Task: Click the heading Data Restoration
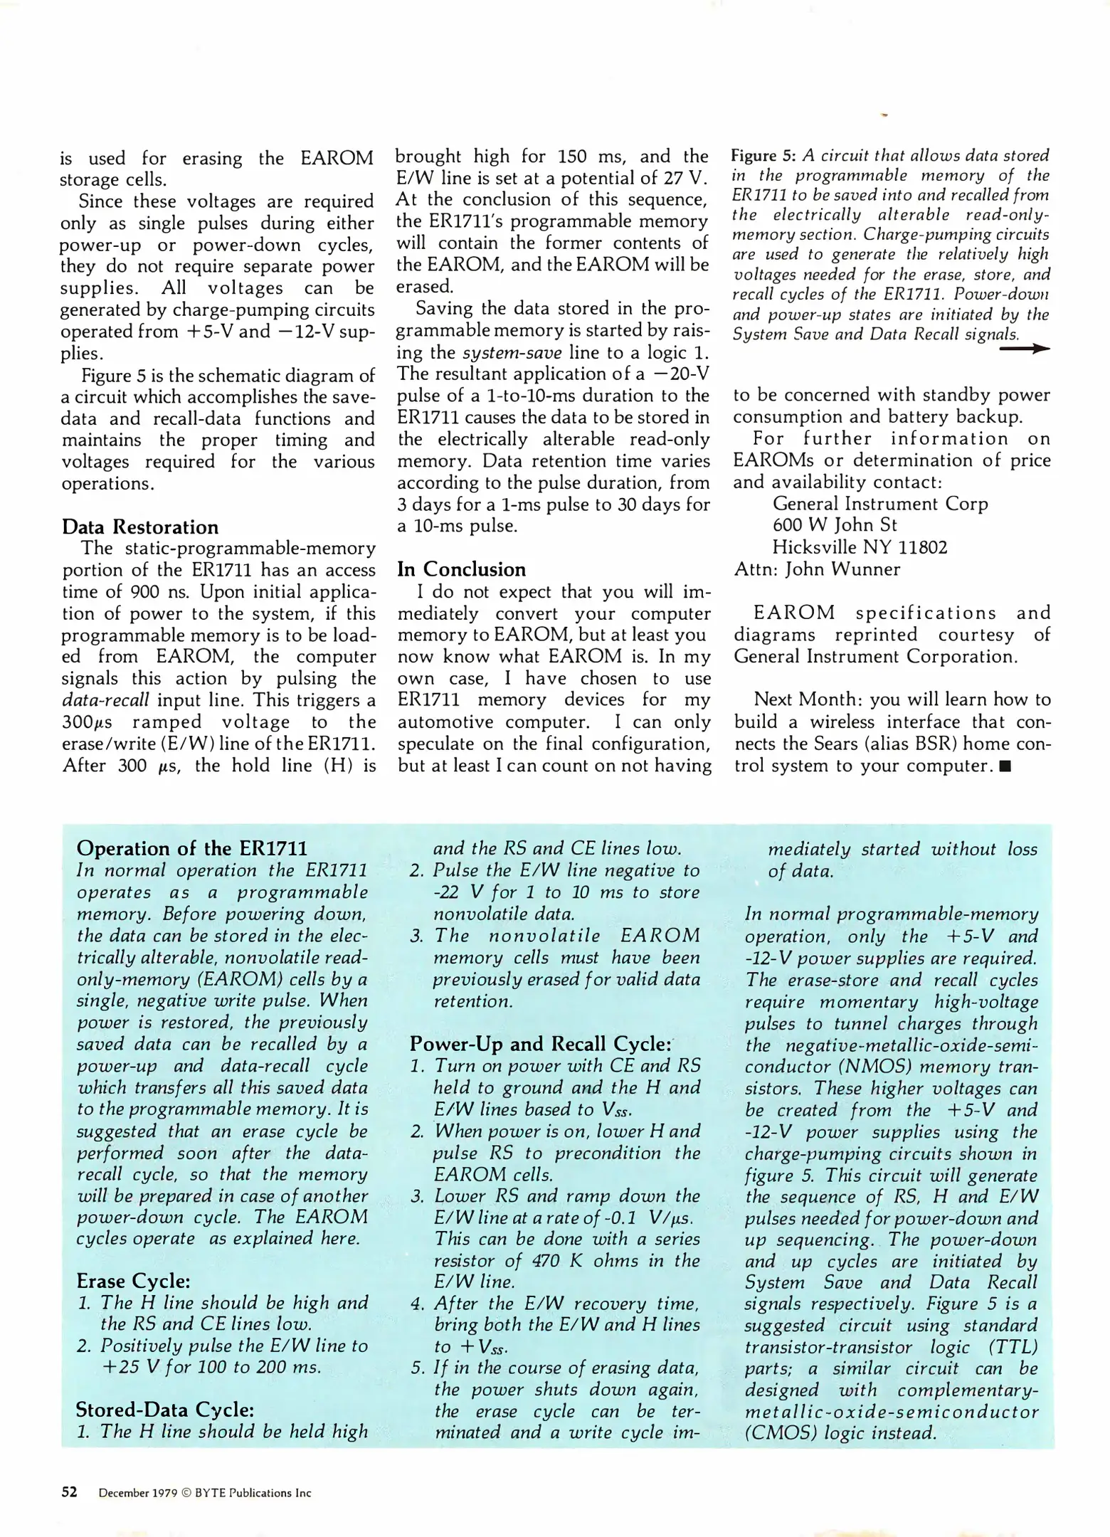coord(140,527)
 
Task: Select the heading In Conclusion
coord(461,569)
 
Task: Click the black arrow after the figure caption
coord(1025,349)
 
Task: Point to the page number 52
coord(69,1492)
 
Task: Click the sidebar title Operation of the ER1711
coord(192,848)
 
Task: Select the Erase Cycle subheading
coord(133,1281)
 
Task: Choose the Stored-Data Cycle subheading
coord(164,1410)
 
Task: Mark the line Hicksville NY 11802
coord(860,547)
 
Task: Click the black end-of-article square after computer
coord(1005,766)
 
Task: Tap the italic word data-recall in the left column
coord(106,700)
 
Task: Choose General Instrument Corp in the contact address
coord(880,504)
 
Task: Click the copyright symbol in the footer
coord(188,1493)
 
